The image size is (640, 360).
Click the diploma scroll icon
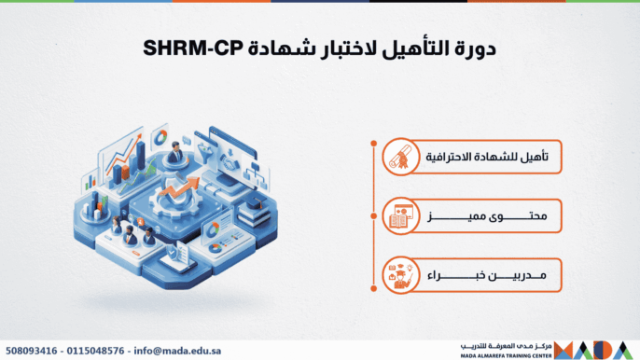(x=399, y=159)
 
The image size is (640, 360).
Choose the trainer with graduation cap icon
(x=399, y=276)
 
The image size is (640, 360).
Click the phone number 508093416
(x=33, y=350)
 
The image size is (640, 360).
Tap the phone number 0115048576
(x=100, y=350)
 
